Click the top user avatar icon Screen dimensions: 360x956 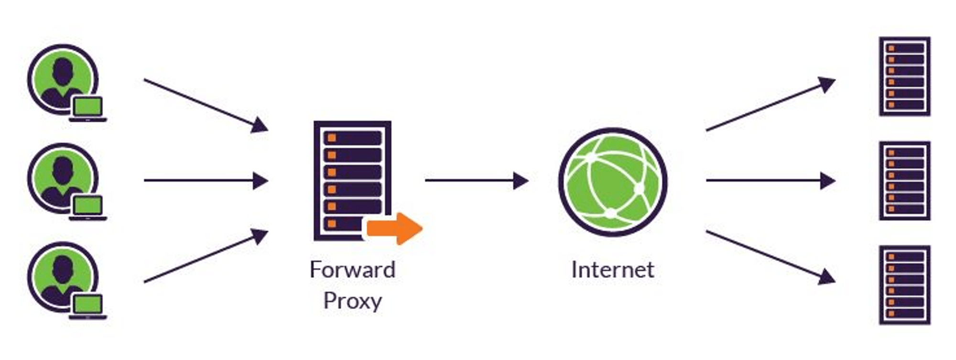(62, 79)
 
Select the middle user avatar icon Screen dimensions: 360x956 (62, 178)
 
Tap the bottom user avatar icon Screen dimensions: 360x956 (62, 277)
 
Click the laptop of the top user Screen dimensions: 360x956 (87, 109)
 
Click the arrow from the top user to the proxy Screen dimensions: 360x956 (206, 105)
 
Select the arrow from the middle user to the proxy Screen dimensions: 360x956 (206, 181)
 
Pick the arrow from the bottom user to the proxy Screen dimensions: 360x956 (206, 256)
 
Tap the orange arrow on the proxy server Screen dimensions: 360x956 (394, 229)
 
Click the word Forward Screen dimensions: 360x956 (352, 270)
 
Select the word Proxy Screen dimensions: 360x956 (352, 301)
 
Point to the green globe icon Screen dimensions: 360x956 (612, 182)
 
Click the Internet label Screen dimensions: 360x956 (612, 270)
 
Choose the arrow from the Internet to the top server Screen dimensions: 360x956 (770, 105)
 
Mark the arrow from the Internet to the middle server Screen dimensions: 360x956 (770, 181)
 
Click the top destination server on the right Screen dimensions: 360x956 (904, 76)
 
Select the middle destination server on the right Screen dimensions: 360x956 (904, 181)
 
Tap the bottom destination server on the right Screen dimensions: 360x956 (904, 285)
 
